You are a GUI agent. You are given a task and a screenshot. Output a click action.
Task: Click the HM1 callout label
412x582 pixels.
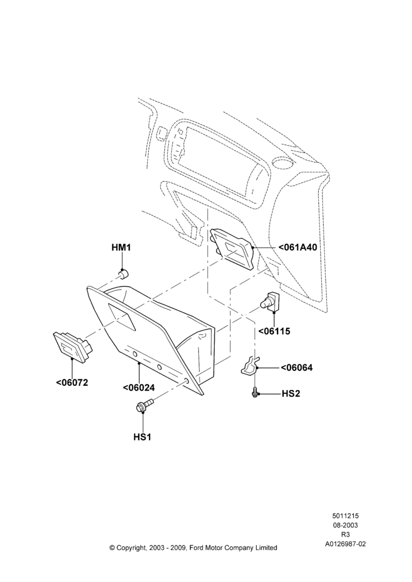[x=122, y=247]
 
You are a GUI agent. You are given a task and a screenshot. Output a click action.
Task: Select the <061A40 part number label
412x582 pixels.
[x=298, y=247]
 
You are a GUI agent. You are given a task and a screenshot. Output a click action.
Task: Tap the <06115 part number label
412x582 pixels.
[x=274, y=331]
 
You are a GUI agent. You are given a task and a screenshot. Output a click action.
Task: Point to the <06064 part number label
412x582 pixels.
[x=297, y=367]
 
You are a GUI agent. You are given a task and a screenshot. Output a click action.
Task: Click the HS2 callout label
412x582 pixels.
[x=290, y=393]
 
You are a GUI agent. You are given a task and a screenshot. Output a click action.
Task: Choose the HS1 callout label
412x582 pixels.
[x=143, y=437]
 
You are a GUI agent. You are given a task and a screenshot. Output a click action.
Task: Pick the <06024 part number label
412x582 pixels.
[x=139, y=388]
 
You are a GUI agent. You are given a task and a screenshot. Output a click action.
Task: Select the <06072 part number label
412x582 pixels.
[x=72, y=382]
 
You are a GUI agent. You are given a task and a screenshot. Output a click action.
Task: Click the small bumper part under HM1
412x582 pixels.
[x=123, y=274]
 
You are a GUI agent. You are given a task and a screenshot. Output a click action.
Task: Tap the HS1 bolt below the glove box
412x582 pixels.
[x=144, y=405]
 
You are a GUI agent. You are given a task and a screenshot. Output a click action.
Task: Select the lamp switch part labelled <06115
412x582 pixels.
[x=270, y=300]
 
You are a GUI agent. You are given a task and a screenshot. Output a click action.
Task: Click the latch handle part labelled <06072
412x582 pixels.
[x=73, y=345]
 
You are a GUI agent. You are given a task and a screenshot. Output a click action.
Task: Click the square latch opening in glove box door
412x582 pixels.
[x=122, y=315]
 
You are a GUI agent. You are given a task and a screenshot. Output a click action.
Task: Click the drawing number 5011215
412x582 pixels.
[x=345, y=516]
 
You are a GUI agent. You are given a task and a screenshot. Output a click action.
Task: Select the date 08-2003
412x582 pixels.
[x=345, y=525]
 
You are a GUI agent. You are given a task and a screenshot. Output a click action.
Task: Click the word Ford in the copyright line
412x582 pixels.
[x=199, y=548]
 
